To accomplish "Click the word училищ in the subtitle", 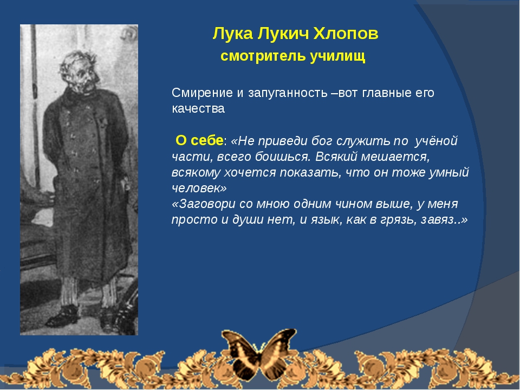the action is tap(337, 56).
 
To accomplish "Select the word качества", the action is tap(198, 109).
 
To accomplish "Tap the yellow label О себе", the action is tap(199, 140).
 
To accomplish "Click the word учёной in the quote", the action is tap(436, 141).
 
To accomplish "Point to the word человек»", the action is tap(199, 188).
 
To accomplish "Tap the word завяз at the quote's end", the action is tap(438, 219).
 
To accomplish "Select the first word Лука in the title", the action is tap(232, 34).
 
